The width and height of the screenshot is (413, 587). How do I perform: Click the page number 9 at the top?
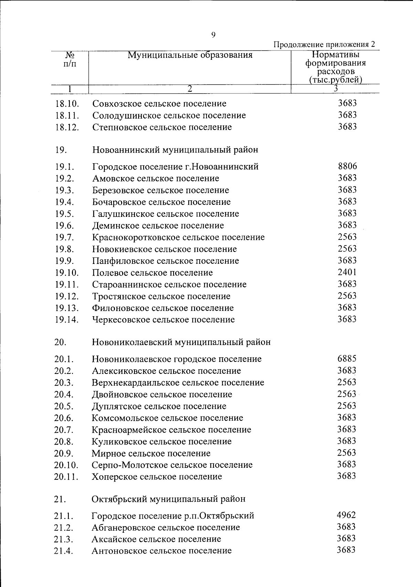tap(213, 35)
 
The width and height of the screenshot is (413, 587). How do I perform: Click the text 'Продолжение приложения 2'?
tap(324, 45)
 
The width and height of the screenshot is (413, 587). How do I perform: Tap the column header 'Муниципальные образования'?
tap(190, 55)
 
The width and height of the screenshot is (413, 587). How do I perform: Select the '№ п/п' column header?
tap(70, 59)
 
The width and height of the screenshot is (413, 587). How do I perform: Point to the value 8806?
tap(347, 167)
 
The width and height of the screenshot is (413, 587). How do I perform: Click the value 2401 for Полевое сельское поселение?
tap(347, 273)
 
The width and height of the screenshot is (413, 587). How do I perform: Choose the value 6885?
tap(347, 359)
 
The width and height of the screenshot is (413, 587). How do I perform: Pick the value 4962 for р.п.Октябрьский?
tap(346, 515)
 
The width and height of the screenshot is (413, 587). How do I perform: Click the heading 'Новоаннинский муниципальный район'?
tap(175, 150)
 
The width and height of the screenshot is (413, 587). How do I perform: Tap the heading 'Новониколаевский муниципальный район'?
tap(181, 342)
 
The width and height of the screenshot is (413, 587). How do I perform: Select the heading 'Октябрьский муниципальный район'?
tap(169, 499)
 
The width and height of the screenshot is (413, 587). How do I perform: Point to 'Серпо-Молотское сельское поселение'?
tap(172, 465)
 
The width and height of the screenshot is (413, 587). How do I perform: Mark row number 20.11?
tap(66, 477)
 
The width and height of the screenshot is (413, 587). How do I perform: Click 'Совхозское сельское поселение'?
tap(159, 103)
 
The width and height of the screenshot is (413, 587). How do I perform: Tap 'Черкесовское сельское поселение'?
tap(163, 320)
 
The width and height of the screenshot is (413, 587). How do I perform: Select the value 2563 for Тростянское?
tap(347, 296)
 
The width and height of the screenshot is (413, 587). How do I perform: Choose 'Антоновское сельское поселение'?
tap(161, 551)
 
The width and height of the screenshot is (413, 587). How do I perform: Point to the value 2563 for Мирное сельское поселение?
tap(347, 453)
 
